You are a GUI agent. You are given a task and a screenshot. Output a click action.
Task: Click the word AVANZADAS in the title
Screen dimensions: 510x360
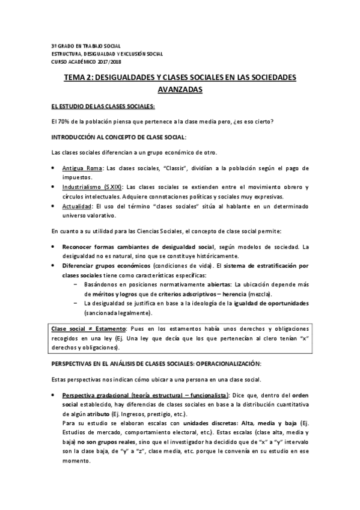click(x=180, y=90)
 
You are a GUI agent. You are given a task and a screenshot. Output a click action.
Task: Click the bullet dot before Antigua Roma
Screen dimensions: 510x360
click(x=55, y=167)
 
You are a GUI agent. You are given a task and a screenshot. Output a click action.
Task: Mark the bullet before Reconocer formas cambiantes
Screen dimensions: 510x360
click(x=55, y=247)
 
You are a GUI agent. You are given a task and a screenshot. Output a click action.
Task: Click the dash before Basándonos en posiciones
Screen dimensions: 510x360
click(x=75, y=283)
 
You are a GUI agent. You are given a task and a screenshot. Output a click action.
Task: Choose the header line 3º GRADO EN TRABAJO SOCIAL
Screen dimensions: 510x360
click(x=85, y=46)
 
